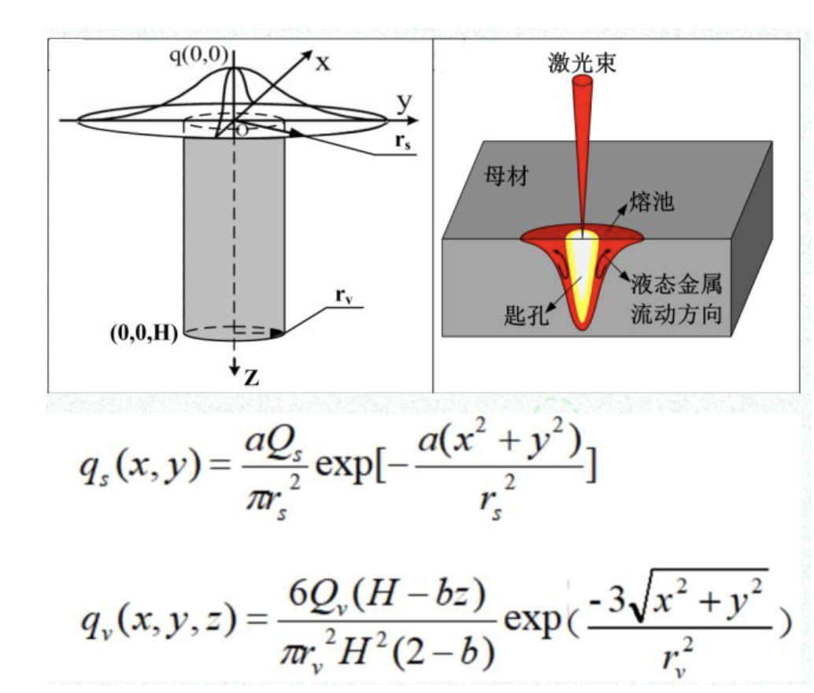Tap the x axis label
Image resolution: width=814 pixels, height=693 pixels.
[323, 63]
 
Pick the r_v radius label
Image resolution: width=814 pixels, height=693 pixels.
[342, 296]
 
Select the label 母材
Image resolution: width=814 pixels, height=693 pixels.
[505, 177]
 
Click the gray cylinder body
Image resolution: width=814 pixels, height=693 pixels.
[233, 236]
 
